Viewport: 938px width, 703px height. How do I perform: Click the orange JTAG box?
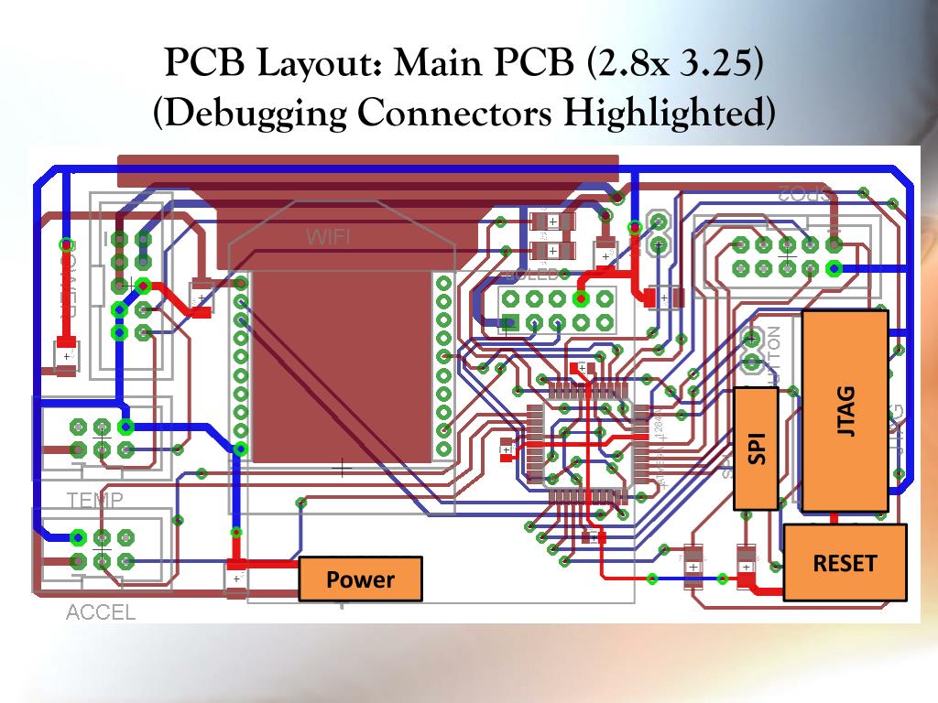click(845, 411)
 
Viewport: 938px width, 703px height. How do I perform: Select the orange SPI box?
click(757, 448)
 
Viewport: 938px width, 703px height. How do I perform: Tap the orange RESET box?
click(845, 563)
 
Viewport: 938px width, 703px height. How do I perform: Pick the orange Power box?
click(360, 579)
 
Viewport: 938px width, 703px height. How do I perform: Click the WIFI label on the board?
click(328, 237)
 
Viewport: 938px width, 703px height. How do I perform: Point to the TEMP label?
click(95, 499)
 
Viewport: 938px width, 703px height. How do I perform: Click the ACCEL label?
click(101, 612)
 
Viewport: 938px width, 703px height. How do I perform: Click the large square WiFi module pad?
click(343, 366)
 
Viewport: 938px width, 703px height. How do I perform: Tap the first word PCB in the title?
click(201, 63)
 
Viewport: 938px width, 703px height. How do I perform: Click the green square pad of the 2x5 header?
click(511, 321)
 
